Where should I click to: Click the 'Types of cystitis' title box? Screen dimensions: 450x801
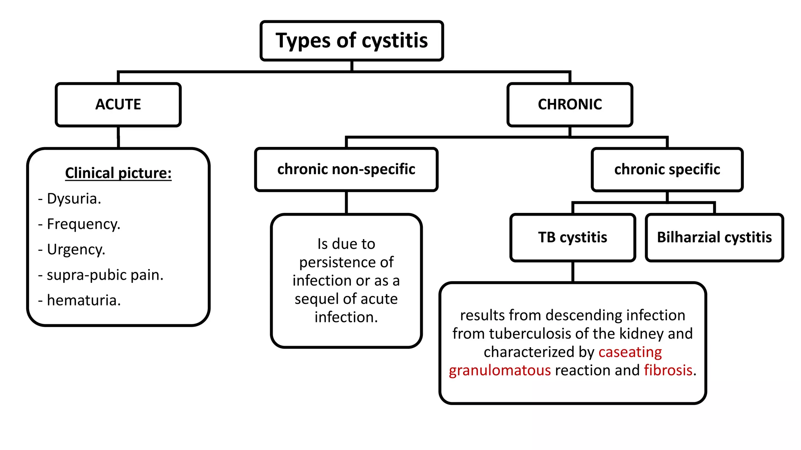tap(351, 41)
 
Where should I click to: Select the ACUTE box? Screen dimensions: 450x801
tap(118, 104)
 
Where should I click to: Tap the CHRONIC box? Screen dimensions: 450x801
tap(569, 104)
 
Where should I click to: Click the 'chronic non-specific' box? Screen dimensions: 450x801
tap(346, 169)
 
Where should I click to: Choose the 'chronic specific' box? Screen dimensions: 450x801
tap(667, 169)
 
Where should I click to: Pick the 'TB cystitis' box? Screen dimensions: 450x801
tap(573, 237)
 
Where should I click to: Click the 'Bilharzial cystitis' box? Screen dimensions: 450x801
tap(714, 237)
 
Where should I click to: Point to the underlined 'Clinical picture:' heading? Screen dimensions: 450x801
tap(118, 173)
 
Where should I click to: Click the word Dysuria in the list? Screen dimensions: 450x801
tap(74, 198)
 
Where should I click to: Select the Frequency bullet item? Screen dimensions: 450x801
tap(83, 224)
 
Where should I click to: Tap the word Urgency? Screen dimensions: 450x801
tap(76, 249)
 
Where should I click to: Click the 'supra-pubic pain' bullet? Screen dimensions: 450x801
tap(104, 275)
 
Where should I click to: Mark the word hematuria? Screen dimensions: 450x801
tap(83, 300)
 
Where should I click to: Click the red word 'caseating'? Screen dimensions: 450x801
tap(630, 352)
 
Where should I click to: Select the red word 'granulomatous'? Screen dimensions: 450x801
tap(499, 370)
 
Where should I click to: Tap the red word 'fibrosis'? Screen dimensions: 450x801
tap(668, 370)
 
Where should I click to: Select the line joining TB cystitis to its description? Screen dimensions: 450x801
tap(573, 271)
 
